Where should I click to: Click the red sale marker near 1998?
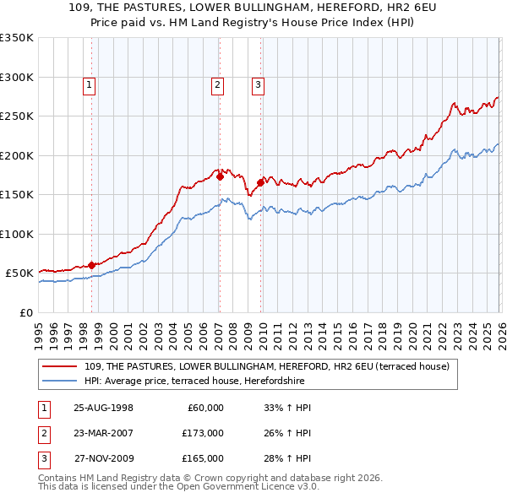click(92, 265)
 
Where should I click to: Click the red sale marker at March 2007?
click(220, 177)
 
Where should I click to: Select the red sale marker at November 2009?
click(260, 182)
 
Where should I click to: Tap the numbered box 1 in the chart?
click(89, 84)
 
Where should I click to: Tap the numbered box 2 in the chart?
click(217, 84)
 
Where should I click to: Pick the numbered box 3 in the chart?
click(257, 84)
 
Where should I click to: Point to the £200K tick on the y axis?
click(17, 155)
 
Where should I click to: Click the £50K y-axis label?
click(19, 273)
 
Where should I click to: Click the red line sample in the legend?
click(61, 366)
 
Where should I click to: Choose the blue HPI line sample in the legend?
click(61, 381)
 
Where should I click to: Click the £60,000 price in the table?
click(203, 408)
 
